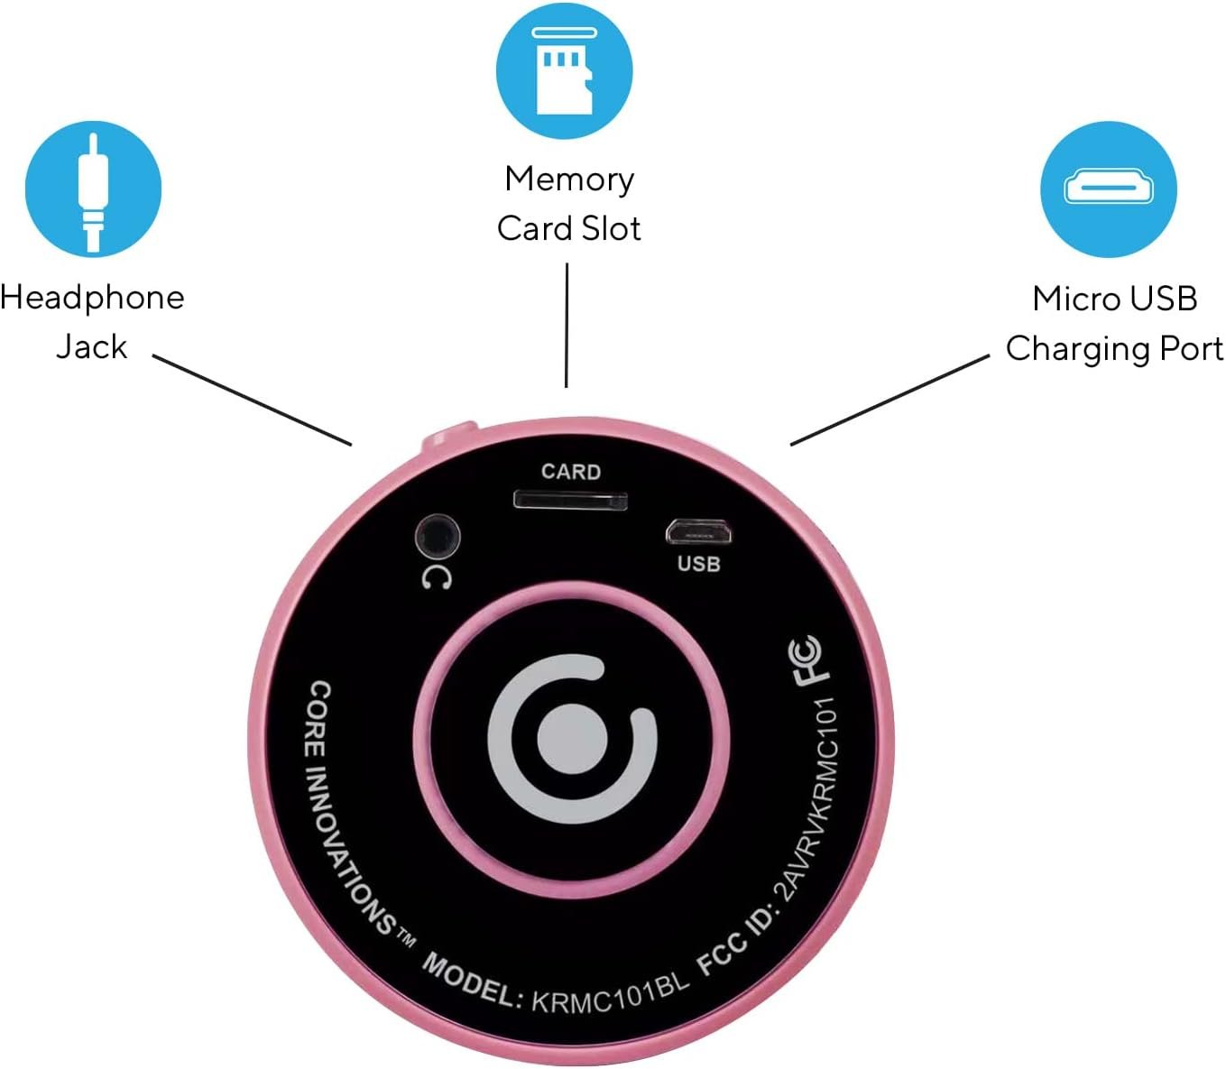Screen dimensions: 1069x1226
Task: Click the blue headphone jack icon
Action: click(x=93, y=190)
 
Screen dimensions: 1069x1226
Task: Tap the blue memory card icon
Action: click(x=565, y=70)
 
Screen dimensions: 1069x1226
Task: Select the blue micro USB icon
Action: click(x=1109, y=189)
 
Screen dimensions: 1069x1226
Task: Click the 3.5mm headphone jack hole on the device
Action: click(x=438, y=539)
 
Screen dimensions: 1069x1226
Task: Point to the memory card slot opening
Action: click(x=570, y=499)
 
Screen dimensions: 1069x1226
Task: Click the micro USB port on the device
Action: click(x=698, y=532)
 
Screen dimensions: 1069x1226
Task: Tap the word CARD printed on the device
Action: click(x=570, y=472)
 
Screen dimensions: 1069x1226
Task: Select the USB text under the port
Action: click(x=698, y=565)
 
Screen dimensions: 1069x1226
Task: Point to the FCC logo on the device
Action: click(x=806, y=660)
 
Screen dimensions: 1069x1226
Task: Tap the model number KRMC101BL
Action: click(x=610, y=993)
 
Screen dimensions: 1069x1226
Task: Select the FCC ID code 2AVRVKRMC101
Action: click(x=810, y=798)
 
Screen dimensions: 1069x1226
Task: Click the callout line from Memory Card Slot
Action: click(x=567, y=325)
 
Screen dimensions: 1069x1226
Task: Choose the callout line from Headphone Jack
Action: click(x=252, y=400)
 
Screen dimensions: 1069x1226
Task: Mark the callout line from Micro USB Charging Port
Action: click(x=890, y=400)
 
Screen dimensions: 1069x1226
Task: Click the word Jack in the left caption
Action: click(x=91, y=346)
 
